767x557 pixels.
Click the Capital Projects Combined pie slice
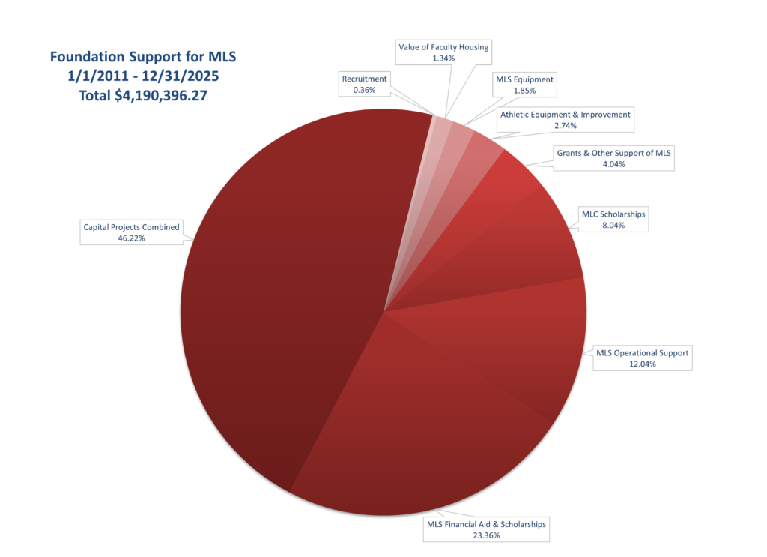point(285,300)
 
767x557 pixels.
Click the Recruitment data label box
point(365,84)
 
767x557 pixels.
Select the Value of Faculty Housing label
point(443,52)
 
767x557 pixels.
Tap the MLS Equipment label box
point(524,85)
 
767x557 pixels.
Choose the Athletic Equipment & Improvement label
point(566,121)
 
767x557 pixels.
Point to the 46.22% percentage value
point(131,238)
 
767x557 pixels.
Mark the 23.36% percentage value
point(485,535)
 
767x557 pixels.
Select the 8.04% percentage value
point(613,224)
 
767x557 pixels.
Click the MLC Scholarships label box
point(613,219)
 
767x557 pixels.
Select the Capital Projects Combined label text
point(131,227)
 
